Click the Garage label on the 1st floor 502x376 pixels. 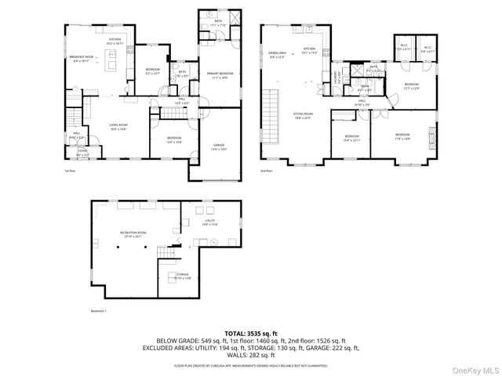pos(219,146)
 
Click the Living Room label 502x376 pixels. pos(118,127)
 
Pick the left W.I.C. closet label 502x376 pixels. pos(403,49)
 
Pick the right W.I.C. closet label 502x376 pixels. pos(427,49)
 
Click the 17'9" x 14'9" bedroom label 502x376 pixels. pos(402,137)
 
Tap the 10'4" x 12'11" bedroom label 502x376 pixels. pos(351,139)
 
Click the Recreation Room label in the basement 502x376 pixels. pos(132,234)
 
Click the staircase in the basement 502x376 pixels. pos(167,258)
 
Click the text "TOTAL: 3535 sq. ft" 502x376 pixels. pos(251,333)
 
